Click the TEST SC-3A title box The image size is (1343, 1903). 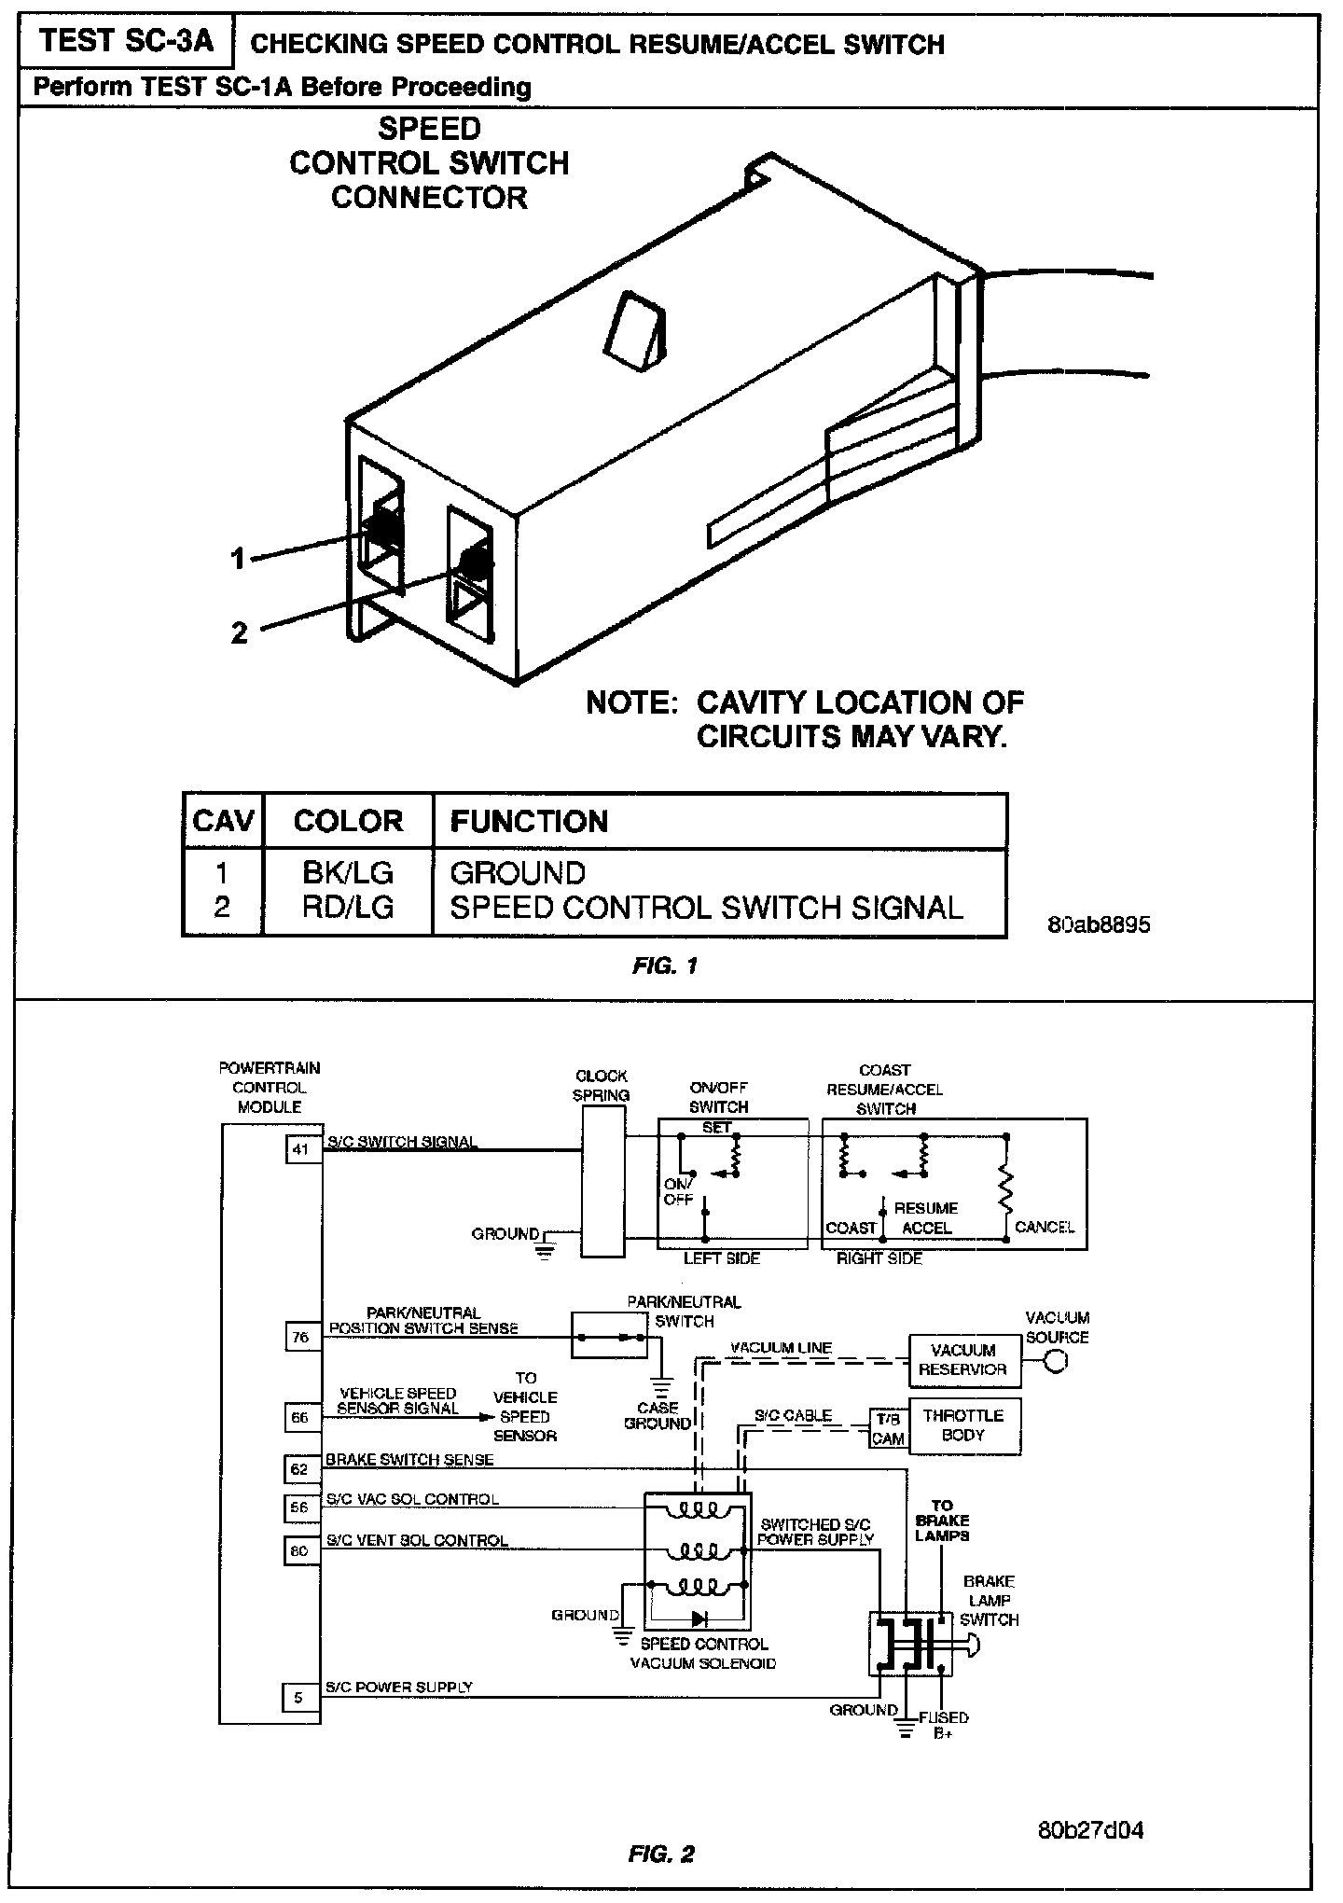126,42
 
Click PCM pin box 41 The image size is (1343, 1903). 299,1149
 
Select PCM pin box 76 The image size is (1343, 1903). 299,1337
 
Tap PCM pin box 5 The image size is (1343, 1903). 298,1698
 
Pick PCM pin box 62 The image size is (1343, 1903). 299,1470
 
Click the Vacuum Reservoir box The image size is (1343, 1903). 963,1360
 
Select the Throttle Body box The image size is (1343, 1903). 963,1425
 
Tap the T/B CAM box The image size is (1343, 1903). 887,1429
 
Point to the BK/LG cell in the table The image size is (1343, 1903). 347,873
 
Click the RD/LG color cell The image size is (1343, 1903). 347,908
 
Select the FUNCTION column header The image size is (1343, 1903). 529,822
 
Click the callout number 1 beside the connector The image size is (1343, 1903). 239,560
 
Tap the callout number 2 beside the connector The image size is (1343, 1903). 240,633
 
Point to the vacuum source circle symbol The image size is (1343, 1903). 1057,1362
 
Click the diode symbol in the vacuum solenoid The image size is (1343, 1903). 698,1618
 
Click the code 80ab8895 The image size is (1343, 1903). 1098,925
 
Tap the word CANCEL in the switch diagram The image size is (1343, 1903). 1045,1228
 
